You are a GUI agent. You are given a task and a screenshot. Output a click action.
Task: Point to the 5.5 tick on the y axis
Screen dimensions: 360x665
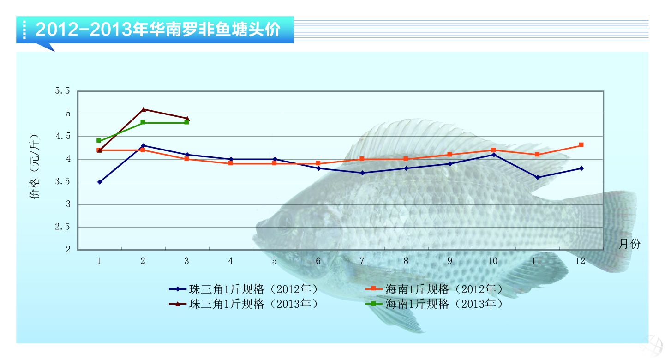pyautogui.click(x=62, y=91)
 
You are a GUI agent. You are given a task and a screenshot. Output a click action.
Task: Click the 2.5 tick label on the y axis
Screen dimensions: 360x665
pyautogui.click(x=62, y=227)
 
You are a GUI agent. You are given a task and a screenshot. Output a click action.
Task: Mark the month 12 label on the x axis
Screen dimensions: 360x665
pyautogui.click(x=581, y=261)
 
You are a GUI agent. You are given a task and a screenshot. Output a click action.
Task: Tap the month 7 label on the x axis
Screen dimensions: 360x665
pyautogui.click(x=362, y=261)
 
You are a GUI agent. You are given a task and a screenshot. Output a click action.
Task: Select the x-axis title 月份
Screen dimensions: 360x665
pyautogui.click(x=629, y=244)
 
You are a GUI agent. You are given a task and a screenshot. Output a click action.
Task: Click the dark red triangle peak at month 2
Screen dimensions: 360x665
pyautogui.click(x=143, y=109)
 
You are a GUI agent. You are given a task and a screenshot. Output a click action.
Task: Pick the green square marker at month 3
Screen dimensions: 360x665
pyautogui.click(x=186, y=122)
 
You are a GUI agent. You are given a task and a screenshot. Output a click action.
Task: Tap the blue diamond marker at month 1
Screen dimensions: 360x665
pyautogui.click(x=99, y=182)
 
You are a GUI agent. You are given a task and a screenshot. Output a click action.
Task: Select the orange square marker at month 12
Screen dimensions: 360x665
pyautogui.click(x=581, y=145)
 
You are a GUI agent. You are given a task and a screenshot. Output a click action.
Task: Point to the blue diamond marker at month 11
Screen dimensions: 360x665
pyautogui.click(x=537, y=177)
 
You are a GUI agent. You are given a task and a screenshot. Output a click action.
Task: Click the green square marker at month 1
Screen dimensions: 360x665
pyautogui.click(x=99, y=140)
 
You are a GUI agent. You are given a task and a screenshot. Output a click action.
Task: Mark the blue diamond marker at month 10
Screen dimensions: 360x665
pyautogui.click(x=494, y=155)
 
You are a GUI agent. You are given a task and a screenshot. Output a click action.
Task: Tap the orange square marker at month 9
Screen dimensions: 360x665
pyautogui.click(x=449, y=154)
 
